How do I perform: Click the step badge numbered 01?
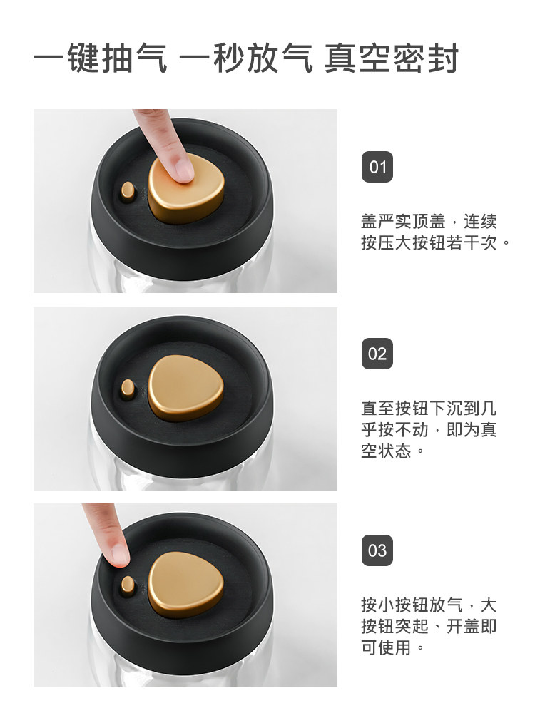(x=377, y=167)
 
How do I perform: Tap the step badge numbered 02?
(x=377, y=354)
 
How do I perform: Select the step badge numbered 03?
(x=377, y=550)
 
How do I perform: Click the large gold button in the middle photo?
(x=185, y=387)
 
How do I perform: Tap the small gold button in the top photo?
(x=128, y=191)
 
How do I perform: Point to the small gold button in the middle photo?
(x=128, y=389)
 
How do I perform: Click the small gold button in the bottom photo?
(x=128, y=585)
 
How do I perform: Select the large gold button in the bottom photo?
(x=185, y=585)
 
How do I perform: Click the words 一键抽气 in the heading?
(x=100, y=58)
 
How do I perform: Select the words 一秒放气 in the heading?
(x=246, y=58)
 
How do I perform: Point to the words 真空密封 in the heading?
(x=391, y=58)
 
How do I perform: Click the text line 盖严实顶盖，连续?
(x=429, y=222)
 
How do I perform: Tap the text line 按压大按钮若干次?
(x=436, y=242)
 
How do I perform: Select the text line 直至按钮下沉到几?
(x=429, y=408)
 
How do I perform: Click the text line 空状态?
(x=392, y=451)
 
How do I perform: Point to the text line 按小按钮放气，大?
(x=429, y=605)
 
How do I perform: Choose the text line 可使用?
(x=392, y=647)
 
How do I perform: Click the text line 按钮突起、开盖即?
(x=429, y=626)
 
